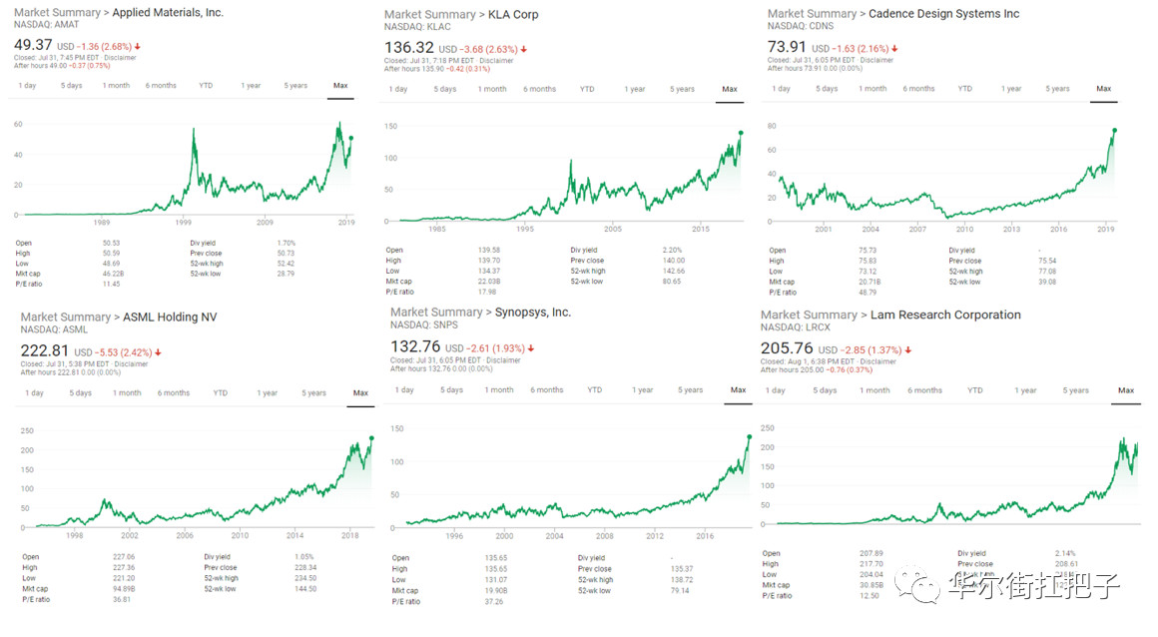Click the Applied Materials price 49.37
(33, 45)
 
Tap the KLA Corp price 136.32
(408, 48)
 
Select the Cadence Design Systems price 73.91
(787, 47)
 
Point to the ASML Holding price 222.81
(45, 350)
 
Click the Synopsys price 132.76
(415, 346)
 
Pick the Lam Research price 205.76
(787, 348)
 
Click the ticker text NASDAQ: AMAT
(47, 25)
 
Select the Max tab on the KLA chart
(730, 89)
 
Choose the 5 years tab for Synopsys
(690, 389)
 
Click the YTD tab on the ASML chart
(220, 392)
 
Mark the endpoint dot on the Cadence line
(1114, 130)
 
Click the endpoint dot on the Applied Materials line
(350, 138)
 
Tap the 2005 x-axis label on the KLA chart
(613, 228)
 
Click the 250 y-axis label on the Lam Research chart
(768, 427)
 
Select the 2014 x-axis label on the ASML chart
(294, 535)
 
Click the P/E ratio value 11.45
(110, 284)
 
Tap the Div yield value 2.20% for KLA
(671, 250)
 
